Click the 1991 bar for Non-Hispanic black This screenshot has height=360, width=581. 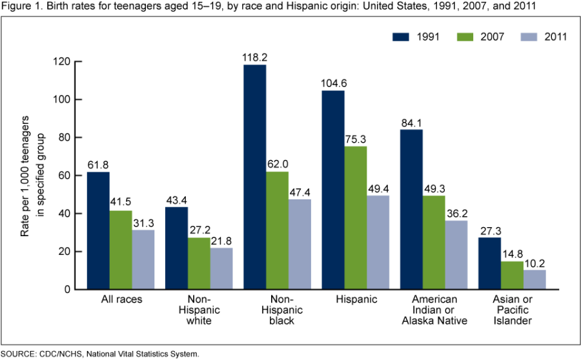(x=255, y=177)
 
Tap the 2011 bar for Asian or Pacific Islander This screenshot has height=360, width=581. (x=535, y=279)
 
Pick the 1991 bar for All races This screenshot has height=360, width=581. (x=98, y=230)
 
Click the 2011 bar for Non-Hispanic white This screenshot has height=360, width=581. (x=221, y=268)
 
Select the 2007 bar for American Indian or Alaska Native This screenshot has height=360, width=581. (x=434, y=242)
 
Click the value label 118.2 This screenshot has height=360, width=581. (x=255, y=57)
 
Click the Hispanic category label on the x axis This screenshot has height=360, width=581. (x=355, y=300)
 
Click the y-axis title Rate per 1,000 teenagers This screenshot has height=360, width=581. (x=26, y=175)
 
